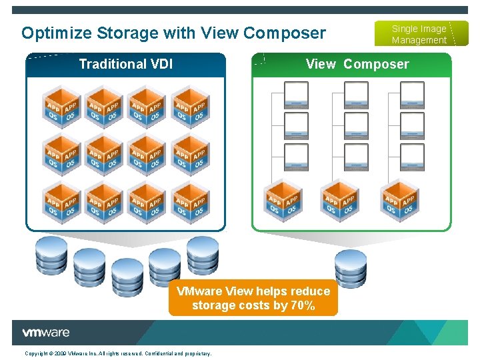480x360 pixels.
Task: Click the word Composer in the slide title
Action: [x=288, y=33]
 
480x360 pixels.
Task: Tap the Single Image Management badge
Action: [x=419, y=34]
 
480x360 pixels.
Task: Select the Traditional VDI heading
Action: [x=126, y=65]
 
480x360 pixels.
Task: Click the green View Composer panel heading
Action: [x=357, y=65]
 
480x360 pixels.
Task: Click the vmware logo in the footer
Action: [x=45, y=333]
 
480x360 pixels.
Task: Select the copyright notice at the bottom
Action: [x=118, y=353]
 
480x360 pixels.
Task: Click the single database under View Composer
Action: [x=351, y=267]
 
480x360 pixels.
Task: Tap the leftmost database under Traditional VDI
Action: [x=51, y=256]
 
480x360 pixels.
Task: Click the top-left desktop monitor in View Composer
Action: [x=296, y=95]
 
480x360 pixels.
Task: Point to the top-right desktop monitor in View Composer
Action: [x=412, y=95]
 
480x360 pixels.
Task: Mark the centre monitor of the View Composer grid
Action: [x=356, y=125]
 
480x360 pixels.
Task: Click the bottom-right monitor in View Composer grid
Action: [x=412, y=157]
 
